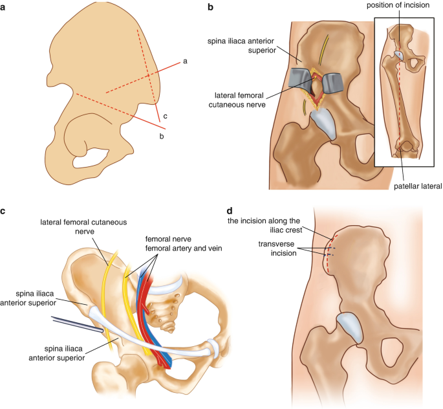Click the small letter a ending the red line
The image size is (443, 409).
(x=186, y=61)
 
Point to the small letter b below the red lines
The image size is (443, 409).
(x=162, y=136)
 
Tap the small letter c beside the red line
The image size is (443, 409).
(x=165, y=116)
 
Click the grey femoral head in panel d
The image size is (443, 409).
(x=349, y=327)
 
